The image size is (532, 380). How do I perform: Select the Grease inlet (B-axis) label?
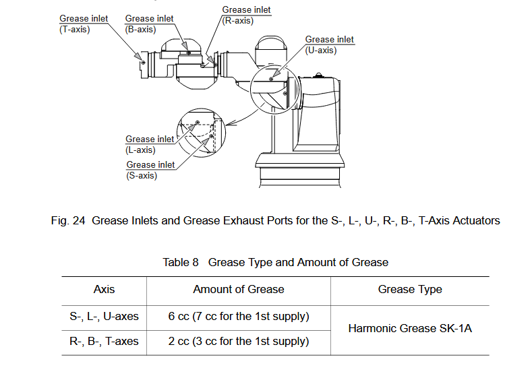pos(149,24)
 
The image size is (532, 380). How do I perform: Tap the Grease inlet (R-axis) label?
pos(246,15)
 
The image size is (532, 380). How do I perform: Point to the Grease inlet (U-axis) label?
pos(329,44)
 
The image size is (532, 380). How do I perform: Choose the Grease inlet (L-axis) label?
pos(150,144)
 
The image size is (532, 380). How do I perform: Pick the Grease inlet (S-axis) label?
pos(150,170)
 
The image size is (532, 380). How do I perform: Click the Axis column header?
pos(104,289)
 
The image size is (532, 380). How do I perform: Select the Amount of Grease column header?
pos(239,289)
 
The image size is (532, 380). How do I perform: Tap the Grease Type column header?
pos(410,289)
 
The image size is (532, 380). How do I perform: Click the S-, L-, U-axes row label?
pos(104,316)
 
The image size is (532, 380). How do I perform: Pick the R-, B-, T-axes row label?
pos(104,341)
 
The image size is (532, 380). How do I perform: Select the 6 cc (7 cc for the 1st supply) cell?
pos(239,316)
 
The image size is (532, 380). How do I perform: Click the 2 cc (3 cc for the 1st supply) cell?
pos(239,341)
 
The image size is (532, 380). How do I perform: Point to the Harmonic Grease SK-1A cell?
pos(410,329)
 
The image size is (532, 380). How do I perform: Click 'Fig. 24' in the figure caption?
pos(68,220)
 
